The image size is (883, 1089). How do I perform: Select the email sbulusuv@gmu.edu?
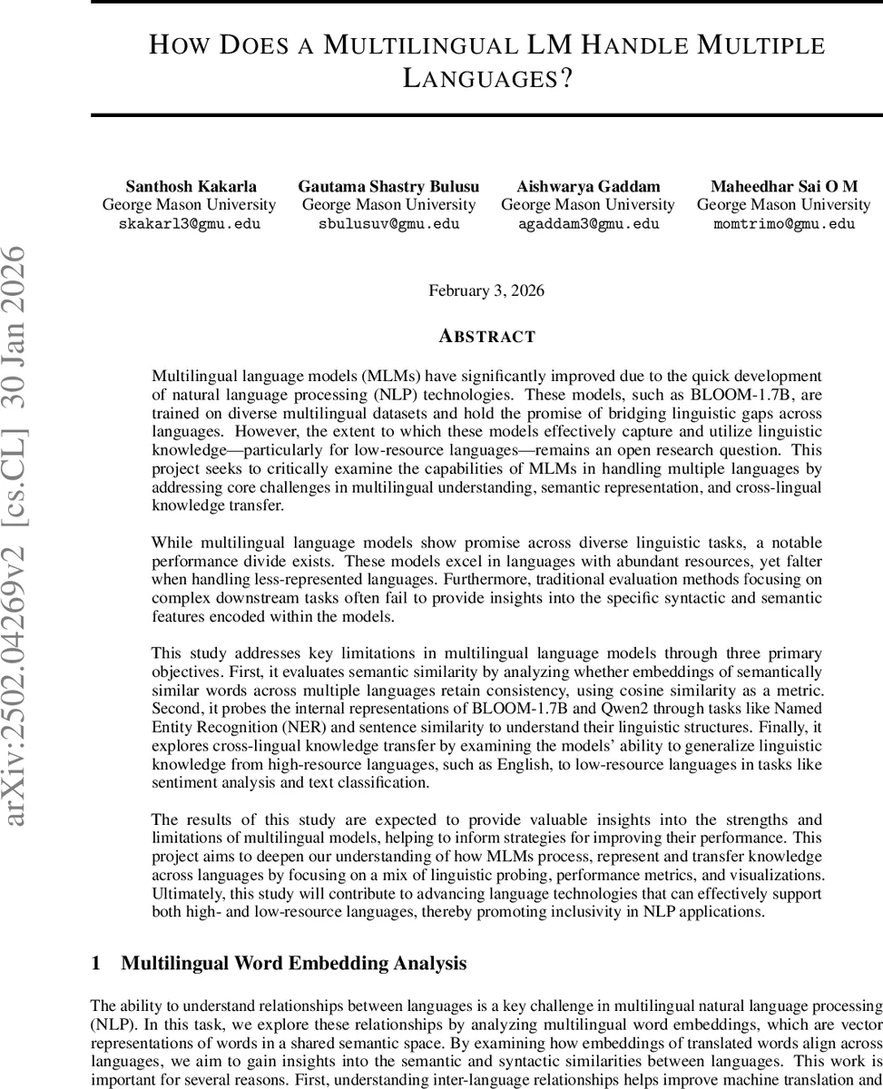[388, 223]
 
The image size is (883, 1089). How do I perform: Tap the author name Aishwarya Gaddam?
[588, 187]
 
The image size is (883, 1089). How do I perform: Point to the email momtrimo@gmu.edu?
[783, 223]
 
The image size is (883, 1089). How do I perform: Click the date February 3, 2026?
[486, 290]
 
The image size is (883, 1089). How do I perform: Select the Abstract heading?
[486, 337]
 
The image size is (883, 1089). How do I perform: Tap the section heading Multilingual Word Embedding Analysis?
[294, 963]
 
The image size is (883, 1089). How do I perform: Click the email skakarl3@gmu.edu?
[189, 223]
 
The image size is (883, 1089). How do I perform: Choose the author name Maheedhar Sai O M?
[783, 187]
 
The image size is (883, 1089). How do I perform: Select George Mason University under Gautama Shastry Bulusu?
[388, 205]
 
